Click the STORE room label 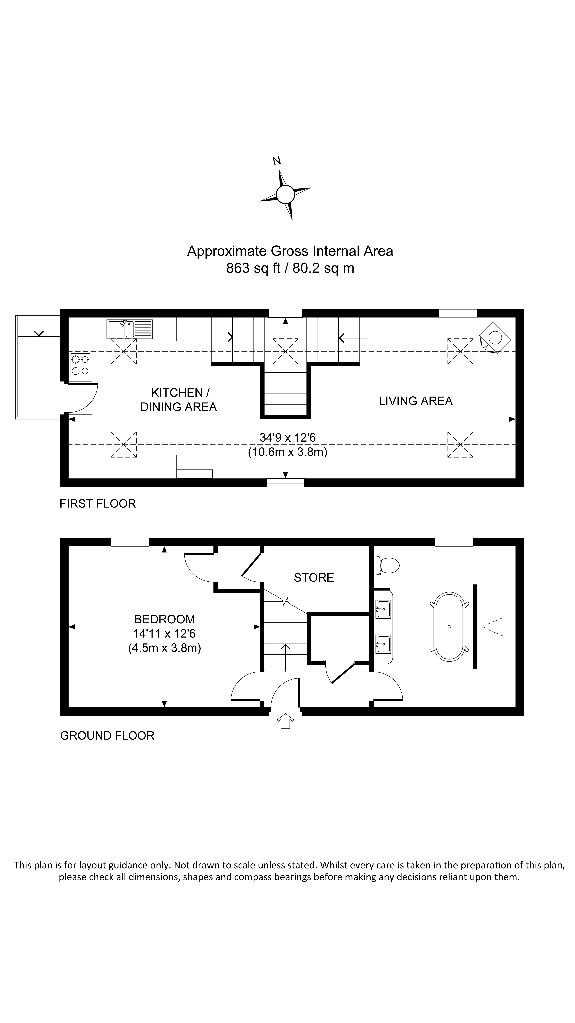(x=313, y=577)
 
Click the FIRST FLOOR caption (x=98, y=504)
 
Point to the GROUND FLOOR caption (x=107, y=735)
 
